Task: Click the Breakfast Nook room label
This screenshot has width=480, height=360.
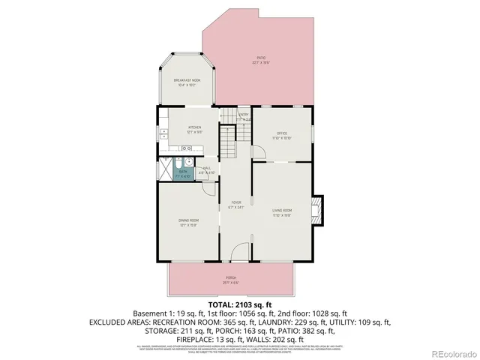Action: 187,82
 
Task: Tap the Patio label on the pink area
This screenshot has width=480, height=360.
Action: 260,60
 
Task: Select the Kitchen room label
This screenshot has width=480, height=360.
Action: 194,129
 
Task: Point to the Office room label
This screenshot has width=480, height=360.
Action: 282,136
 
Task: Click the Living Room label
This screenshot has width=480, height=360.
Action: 281,211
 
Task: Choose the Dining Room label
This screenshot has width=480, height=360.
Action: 187,222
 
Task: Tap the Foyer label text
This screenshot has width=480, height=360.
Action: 236,204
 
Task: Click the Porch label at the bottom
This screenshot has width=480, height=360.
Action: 230,280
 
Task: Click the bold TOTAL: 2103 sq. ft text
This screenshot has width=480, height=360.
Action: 239,305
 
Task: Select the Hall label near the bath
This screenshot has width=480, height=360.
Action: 206,169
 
